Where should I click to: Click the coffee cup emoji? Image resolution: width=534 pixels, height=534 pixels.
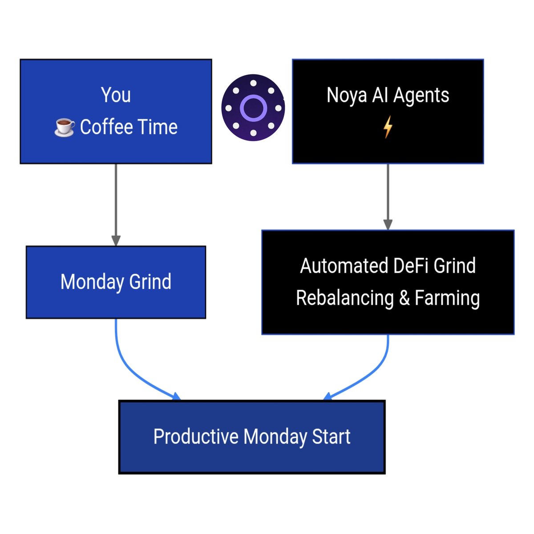click(65, 127)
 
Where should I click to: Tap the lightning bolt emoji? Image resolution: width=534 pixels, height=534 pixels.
click(388, 127)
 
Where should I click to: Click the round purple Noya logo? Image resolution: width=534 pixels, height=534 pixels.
click(253, 108)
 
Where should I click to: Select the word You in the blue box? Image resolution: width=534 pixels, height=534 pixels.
click(116, 95)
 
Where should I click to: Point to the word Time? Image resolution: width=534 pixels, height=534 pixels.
click(157, 127)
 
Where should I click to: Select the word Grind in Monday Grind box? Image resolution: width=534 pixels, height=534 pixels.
click(150, 282)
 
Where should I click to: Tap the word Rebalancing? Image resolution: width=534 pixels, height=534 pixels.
click(345, 298)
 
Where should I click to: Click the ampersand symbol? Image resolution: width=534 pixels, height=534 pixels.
click(405, 298)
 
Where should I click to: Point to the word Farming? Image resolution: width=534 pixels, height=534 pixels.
click(447, 298)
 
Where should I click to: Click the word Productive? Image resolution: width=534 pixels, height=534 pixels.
click(196, 437)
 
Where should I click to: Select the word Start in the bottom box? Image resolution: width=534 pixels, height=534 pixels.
click(331, 437)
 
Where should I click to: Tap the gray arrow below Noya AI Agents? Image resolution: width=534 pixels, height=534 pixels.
click(388, 196)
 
